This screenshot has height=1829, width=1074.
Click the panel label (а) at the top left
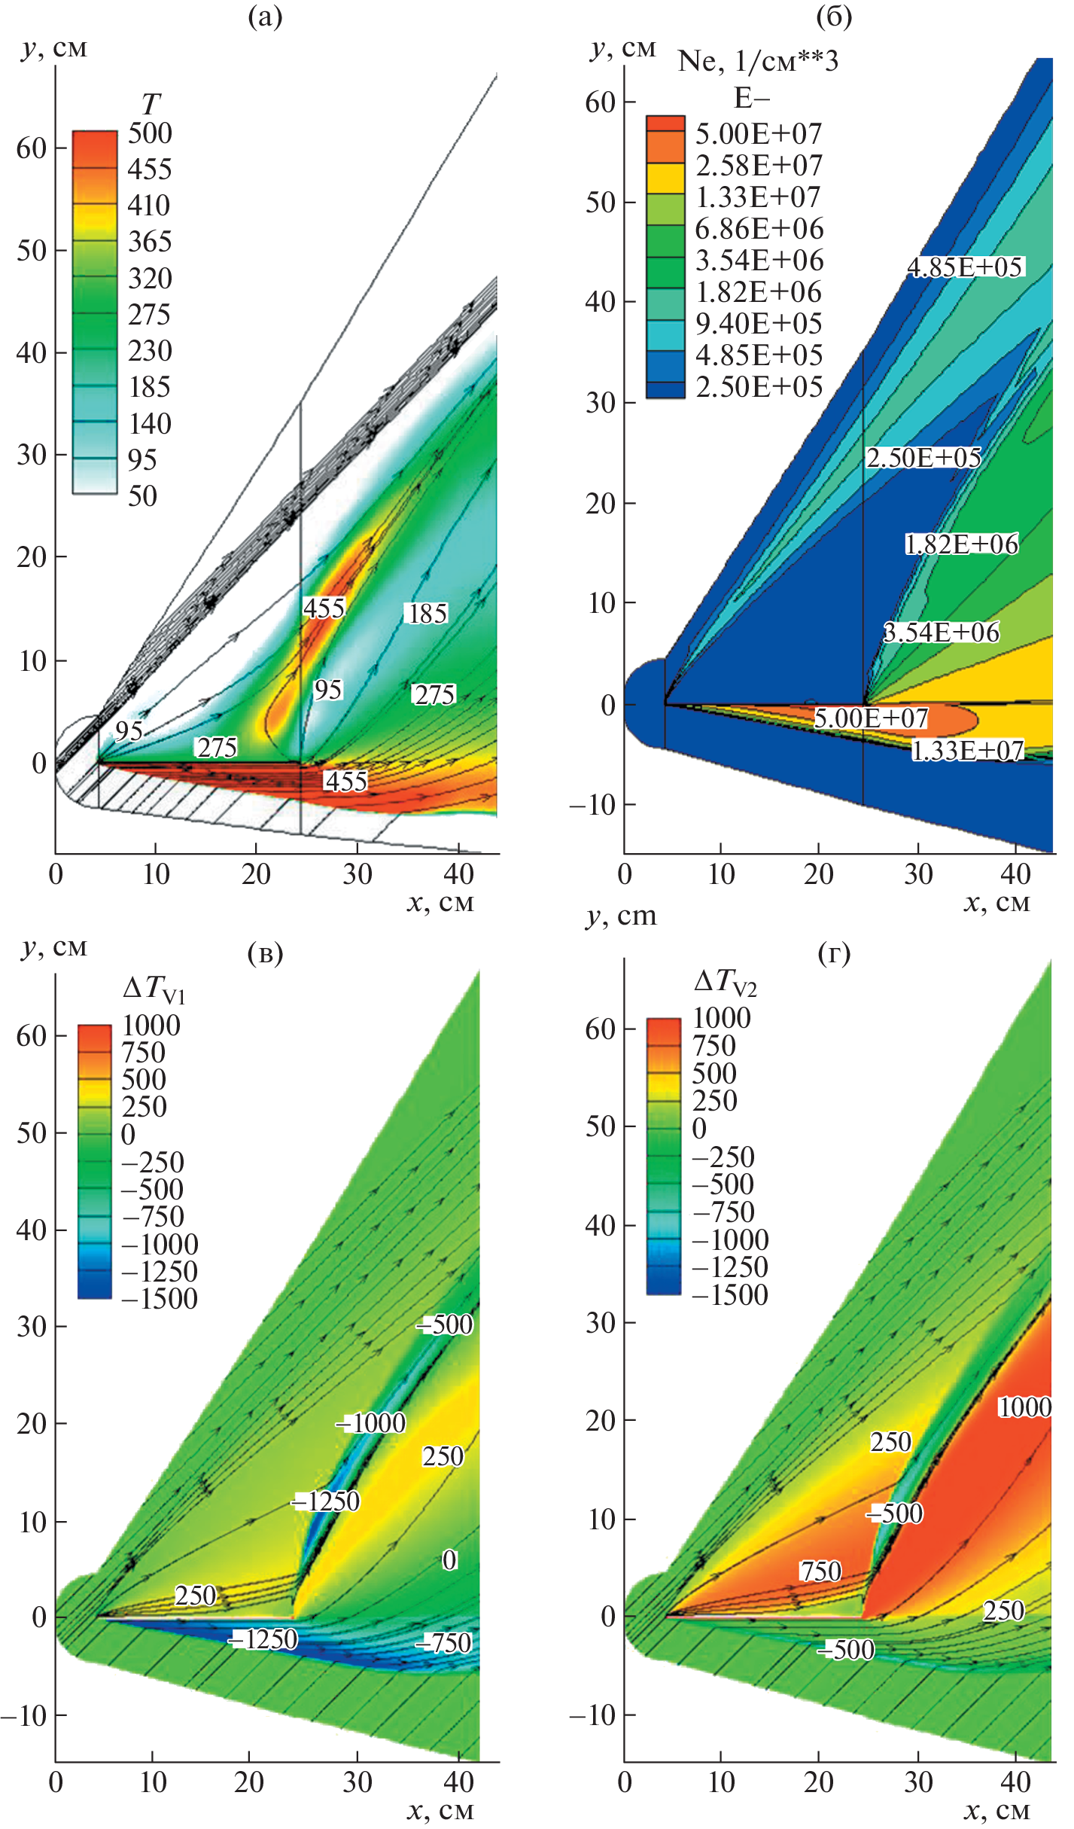pos(265,17)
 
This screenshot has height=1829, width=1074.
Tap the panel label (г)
pos(834,955)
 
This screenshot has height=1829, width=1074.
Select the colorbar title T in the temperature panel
pos(151,103)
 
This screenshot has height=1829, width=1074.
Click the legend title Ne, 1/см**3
pos(757,62)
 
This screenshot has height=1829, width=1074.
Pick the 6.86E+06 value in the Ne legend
pos(759,229)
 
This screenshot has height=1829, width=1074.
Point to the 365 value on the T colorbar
pos(150,242)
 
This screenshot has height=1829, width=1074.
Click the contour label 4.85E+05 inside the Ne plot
pos(965,267)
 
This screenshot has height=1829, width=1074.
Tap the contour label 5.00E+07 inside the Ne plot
pos(871,718)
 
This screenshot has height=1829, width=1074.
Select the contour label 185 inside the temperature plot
pos(427,614)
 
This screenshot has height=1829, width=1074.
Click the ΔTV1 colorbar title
pos(154,989)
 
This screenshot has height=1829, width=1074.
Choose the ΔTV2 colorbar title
pos(725,982)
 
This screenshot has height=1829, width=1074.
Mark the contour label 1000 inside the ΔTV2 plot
pos(1024,1407)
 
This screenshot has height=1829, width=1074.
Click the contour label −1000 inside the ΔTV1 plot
pos(372,1423)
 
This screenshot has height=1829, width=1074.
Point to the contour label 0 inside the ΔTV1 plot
pos(449,1560)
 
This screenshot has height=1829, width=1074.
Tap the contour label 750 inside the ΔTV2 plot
pos(820,1571)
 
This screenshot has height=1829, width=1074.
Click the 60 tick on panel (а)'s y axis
pos(32,148)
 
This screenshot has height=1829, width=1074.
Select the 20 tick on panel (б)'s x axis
pos(818,874)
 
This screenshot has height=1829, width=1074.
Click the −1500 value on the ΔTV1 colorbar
pos(159,1299)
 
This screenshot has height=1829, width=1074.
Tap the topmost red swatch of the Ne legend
pos(665,123)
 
